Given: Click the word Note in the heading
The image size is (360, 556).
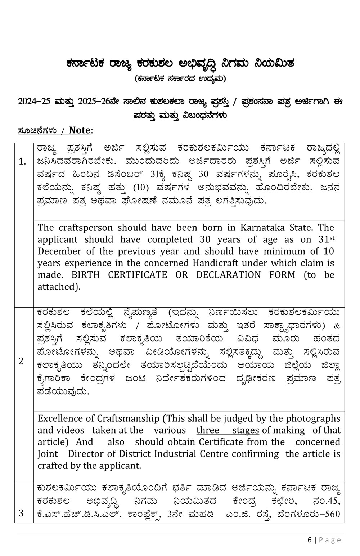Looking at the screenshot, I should coord(80,130).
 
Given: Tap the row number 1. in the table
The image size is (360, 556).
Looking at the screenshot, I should coord(22,161).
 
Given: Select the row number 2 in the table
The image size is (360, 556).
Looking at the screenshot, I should coord(21,361).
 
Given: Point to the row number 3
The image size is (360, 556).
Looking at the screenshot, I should coord(21,513).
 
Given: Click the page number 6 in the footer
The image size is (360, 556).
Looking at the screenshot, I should coord(310,540).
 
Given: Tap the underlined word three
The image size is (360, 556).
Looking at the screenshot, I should coord(208,430).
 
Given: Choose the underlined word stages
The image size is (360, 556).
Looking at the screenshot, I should coord(246,430).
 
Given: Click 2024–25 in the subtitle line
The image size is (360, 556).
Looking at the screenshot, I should coord(34,102).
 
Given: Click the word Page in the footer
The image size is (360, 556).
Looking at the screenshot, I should coord(330,540).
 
